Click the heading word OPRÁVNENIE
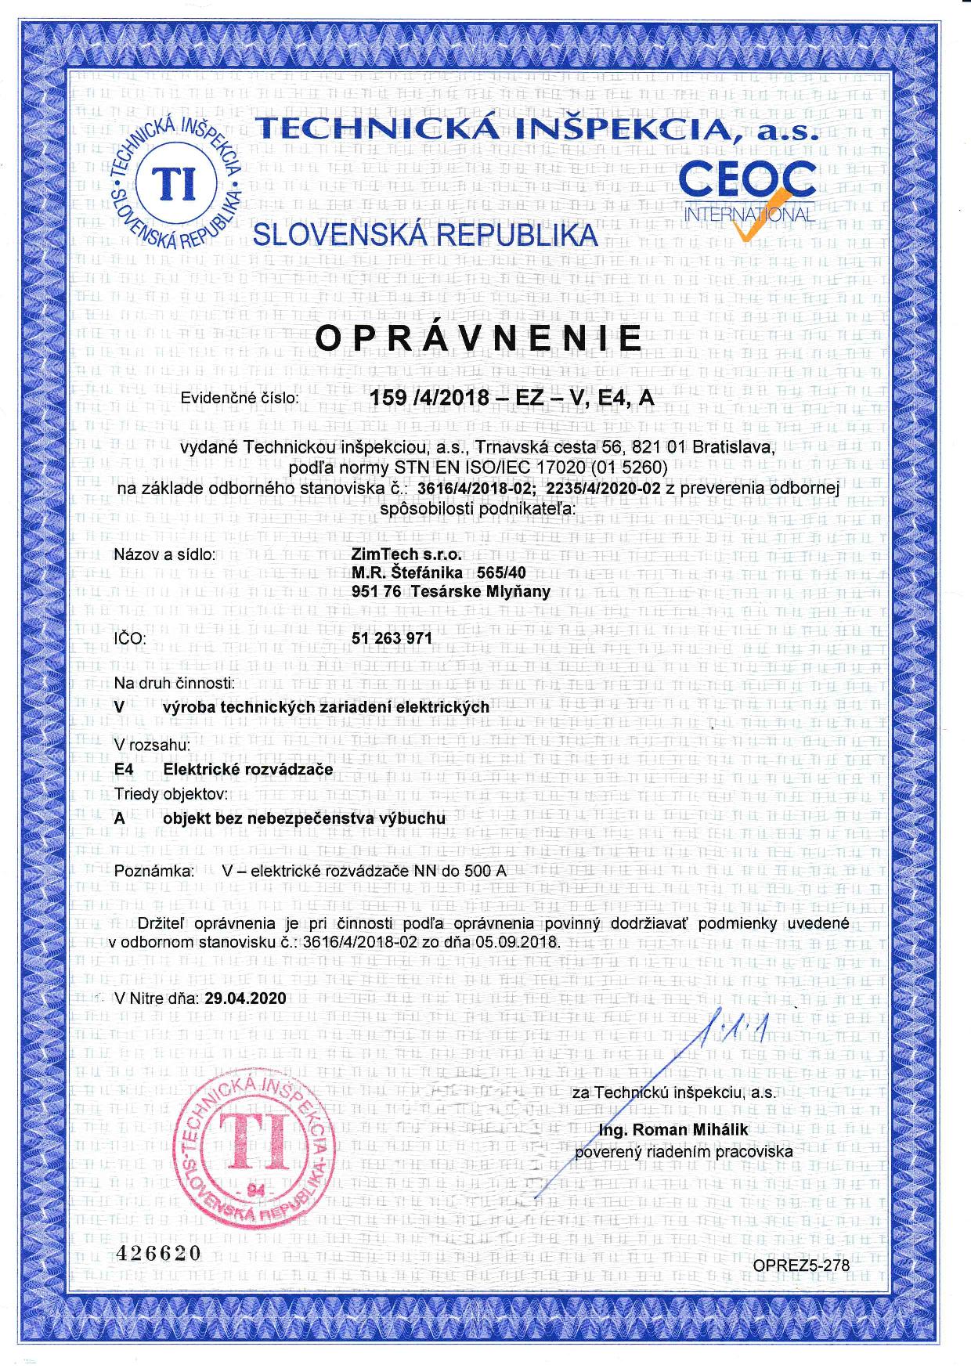pos(478,338)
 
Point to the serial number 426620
pos(158,1253)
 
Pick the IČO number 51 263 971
pos(392,638)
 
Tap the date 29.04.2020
pos(245,998)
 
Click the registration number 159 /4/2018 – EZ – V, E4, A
pos(511,398)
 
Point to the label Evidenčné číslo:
pos(240,398)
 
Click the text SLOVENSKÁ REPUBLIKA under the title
pos(426,234)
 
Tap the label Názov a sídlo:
pos(164,555)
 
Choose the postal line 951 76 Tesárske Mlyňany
pos(451,591)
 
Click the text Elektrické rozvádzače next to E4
pos(247,769)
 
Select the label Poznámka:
pos(153,871)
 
